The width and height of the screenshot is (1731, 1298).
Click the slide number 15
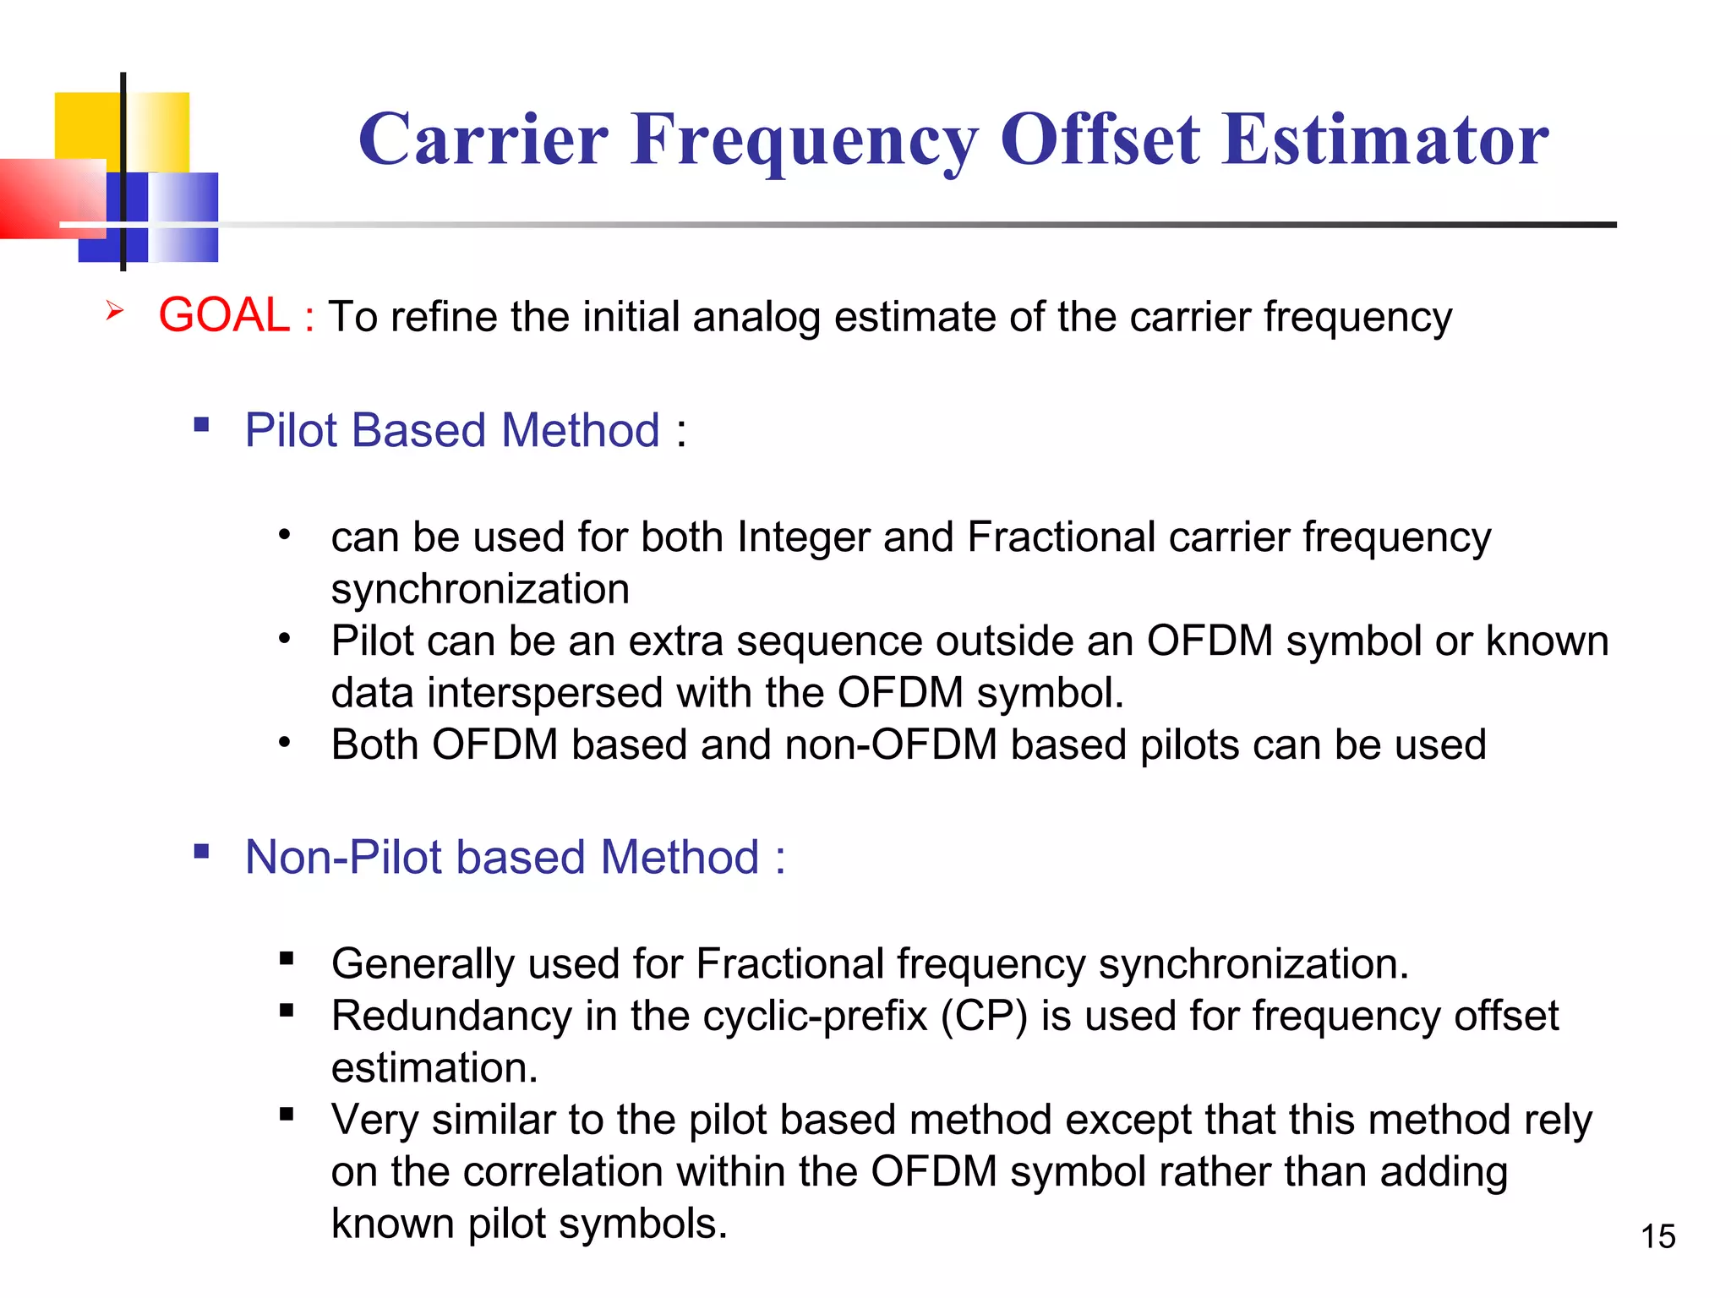[x=1657, y=1236]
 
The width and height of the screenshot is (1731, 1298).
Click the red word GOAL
[x=224, y=315]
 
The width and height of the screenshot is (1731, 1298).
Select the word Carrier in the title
[x=483, y=139]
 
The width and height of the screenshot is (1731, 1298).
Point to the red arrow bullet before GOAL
[x=115, y=312]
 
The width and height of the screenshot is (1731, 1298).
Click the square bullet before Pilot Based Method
[x=201, y=424]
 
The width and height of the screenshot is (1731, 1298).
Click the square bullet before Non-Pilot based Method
[x=201, y=851]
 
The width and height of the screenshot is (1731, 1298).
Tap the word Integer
[x=803, y=537]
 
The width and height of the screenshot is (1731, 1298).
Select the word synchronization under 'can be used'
[x=480, y=589]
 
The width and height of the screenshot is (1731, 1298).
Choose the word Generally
[x=423, y=964]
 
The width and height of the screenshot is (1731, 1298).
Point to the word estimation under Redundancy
[x=434, y=1068]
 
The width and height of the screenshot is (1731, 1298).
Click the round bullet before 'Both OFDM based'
[x=285, y=743]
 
